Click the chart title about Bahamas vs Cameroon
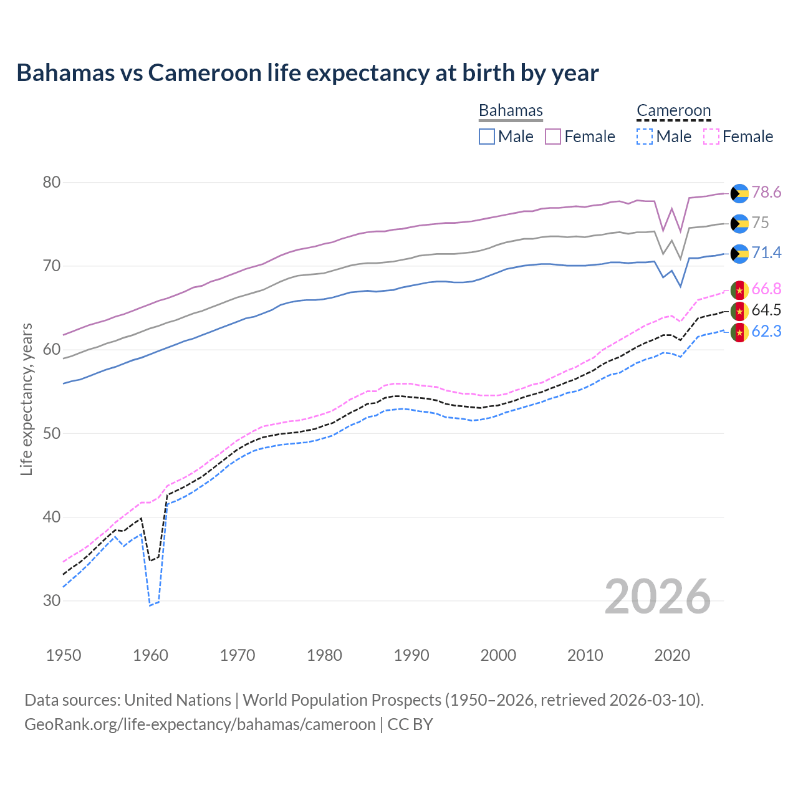click(x=307, y=73)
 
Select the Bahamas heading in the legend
click(x=511, y=110)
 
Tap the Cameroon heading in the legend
click(x=673, y=110)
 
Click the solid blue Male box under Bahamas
click(x=487, y=137)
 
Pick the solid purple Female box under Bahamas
click(x=553, y=137)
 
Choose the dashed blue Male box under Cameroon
click(x=645, y=137)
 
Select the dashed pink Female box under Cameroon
click(x=711, y=137)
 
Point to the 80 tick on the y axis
click(x=52, y=183)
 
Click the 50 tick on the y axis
click(x=52, y=433)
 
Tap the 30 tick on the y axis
click(x=52, y=601)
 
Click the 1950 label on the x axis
click(x=64, y=655)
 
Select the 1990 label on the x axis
click(x=411, y=655)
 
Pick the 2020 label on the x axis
click(x=672, y=655)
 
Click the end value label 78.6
click(x=766, y=193)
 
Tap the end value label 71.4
click(x=766, y=252)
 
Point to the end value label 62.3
click(x=766, y=332)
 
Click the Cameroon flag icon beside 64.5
click(x=739, y=310)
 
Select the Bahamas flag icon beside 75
click(x=739, y=223)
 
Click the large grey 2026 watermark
click(x=658, y=597)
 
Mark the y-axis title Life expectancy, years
click(x=26, y=399)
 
